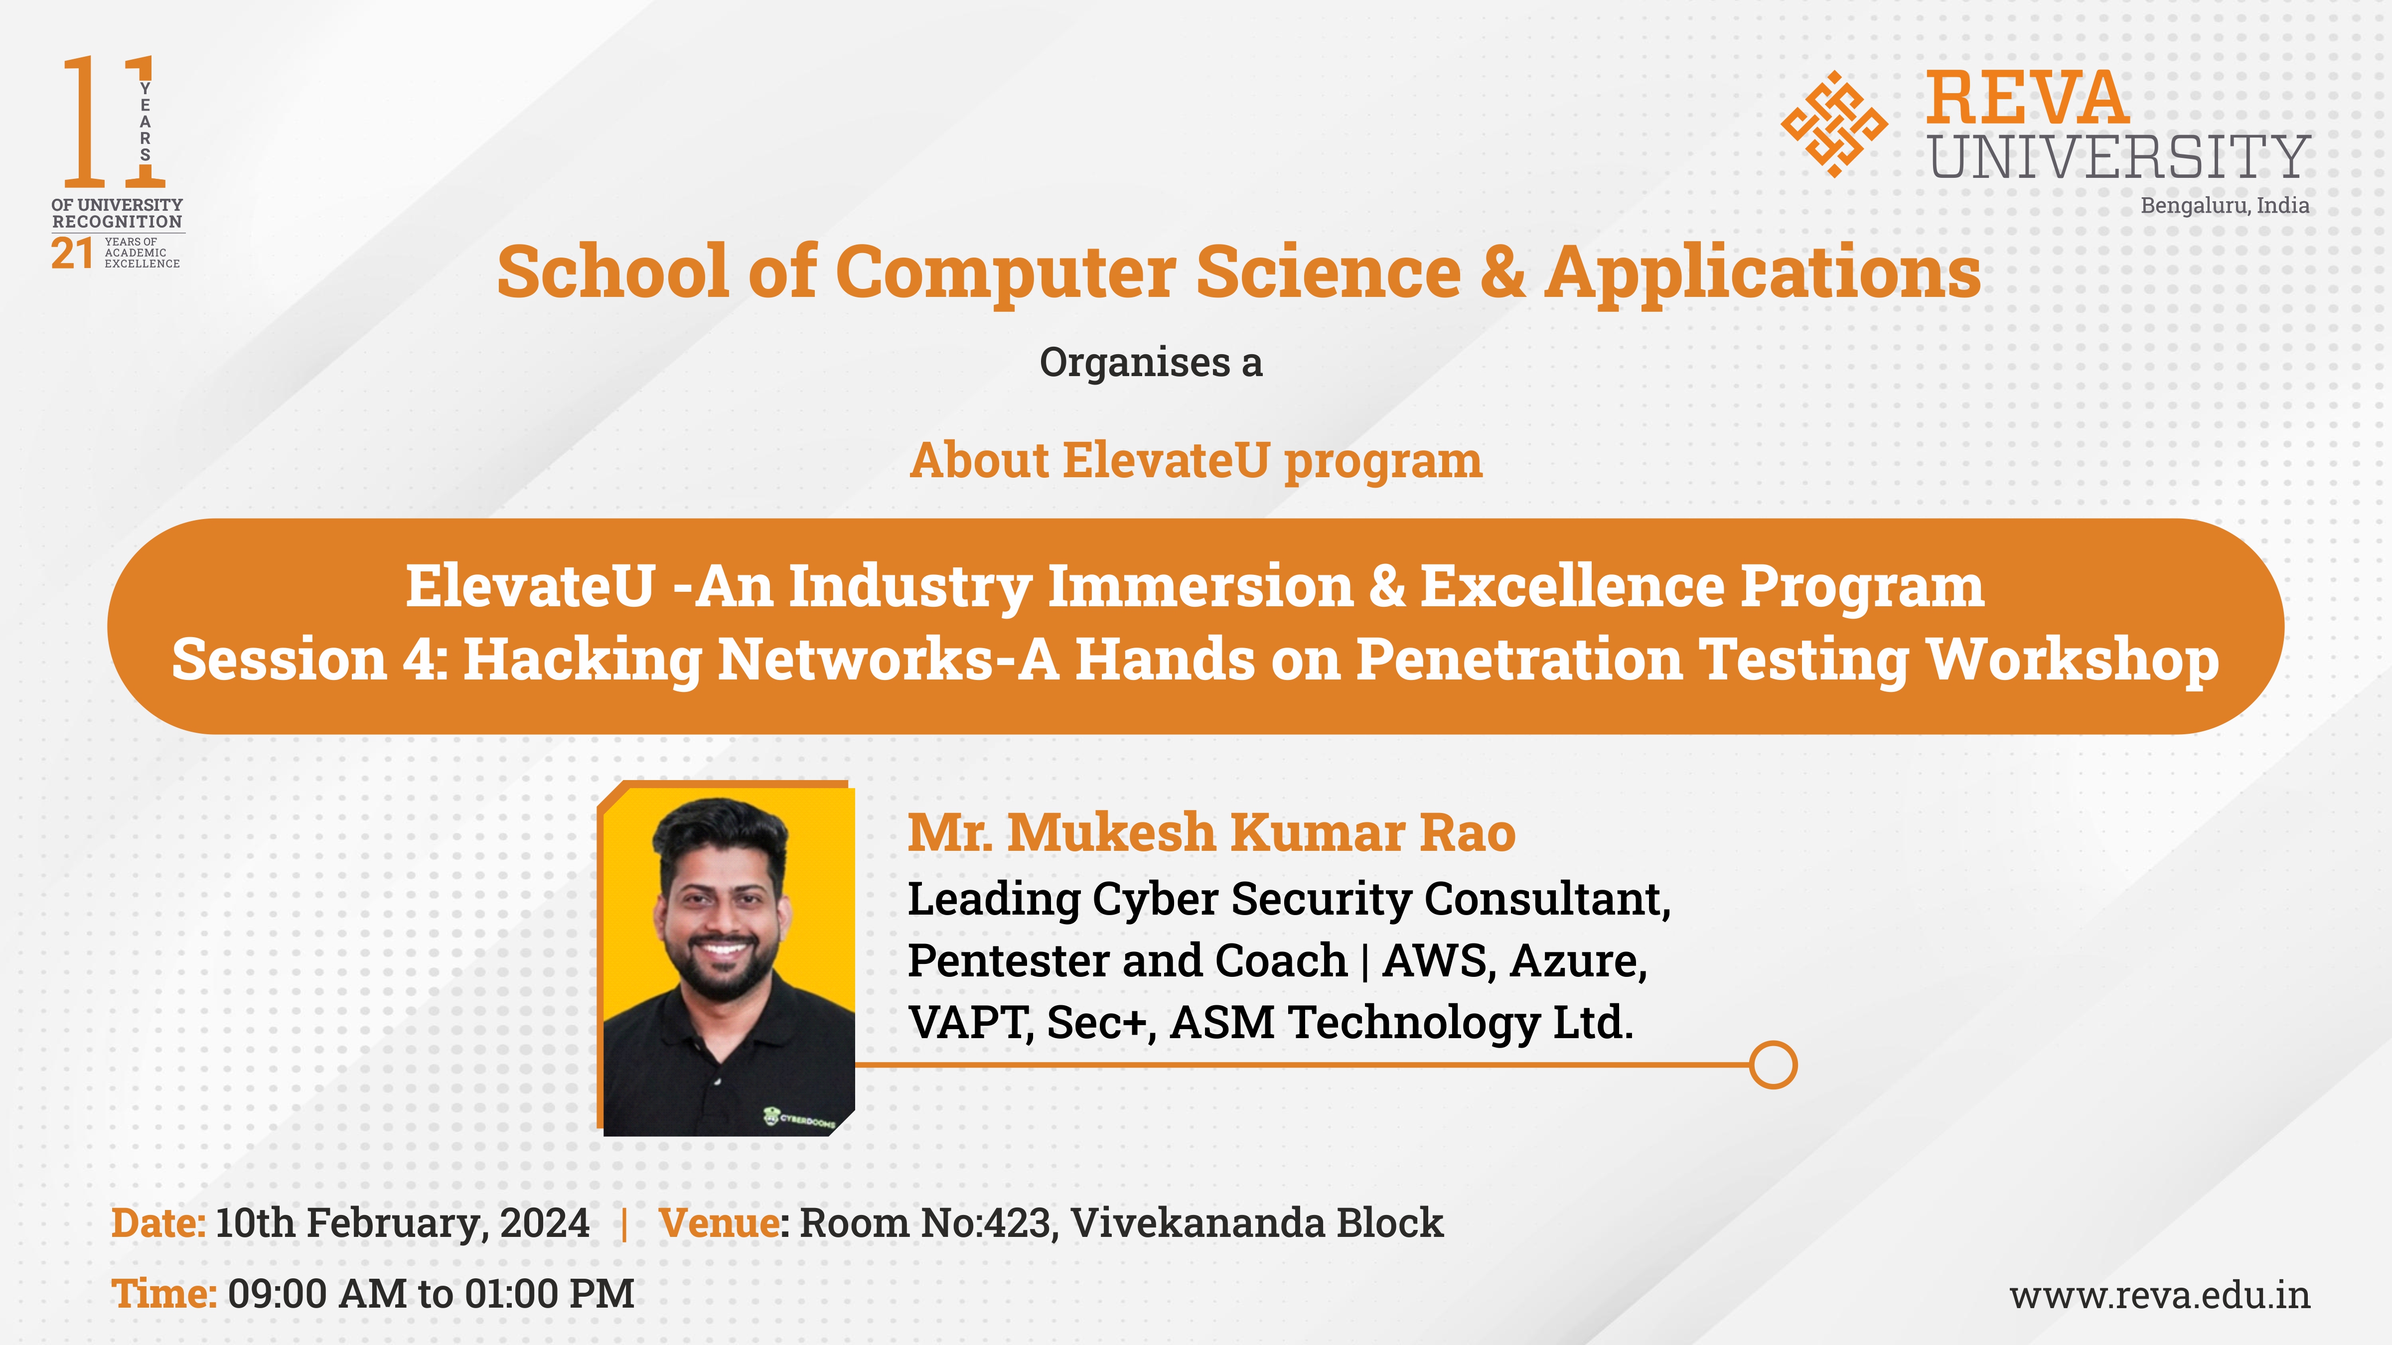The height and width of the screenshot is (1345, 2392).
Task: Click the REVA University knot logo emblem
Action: [x=1834, y=124]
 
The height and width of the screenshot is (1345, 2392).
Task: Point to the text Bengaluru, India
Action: [x=2225, y=205]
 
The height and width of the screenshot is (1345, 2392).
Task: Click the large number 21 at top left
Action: [x=72, y=254]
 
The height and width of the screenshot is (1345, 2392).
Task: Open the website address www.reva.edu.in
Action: [x=2160, y=1295]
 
